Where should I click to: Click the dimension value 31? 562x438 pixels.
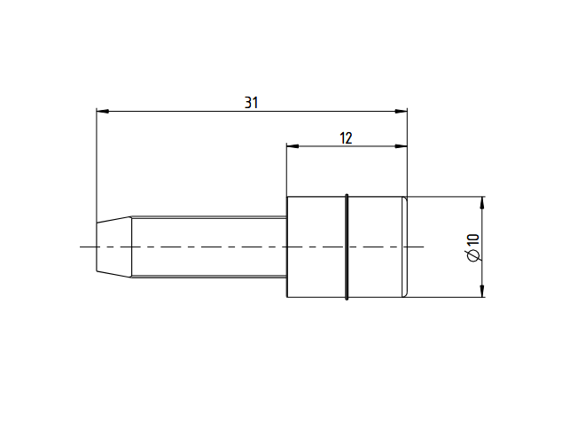click(251, 103)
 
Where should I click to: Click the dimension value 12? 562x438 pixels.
click(346, 138)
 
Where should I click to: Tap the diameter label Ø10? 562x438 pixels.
click(473, 247)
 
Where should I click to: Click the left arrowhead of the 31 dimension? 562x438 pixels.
click(103, 112)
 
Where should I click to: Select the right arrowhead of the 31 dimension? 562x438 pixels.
click(401, 112)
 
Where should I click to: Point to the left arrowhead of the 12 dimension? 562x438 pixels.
click(293, 146)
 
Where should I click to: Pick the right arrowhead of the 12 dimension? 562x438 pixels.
click(401, 146)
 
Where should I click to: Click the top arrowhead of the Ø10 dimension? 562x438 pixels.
click(482, 203)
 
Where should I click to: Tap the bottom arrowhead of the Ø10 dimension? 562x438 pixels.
click(482, 291)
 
